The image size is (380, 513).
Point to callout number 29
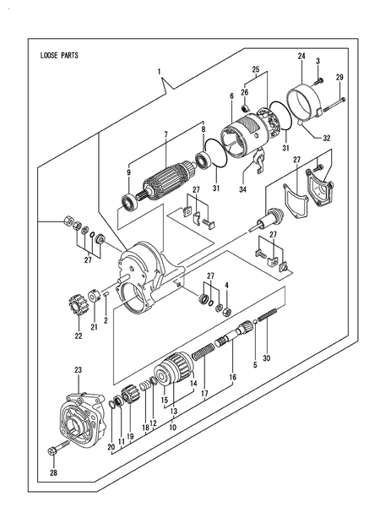click(340, 79)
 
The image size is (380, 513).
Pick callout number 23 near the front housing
click(78, 370)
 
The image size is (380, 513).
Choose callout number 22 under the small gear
click(79, 336)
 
